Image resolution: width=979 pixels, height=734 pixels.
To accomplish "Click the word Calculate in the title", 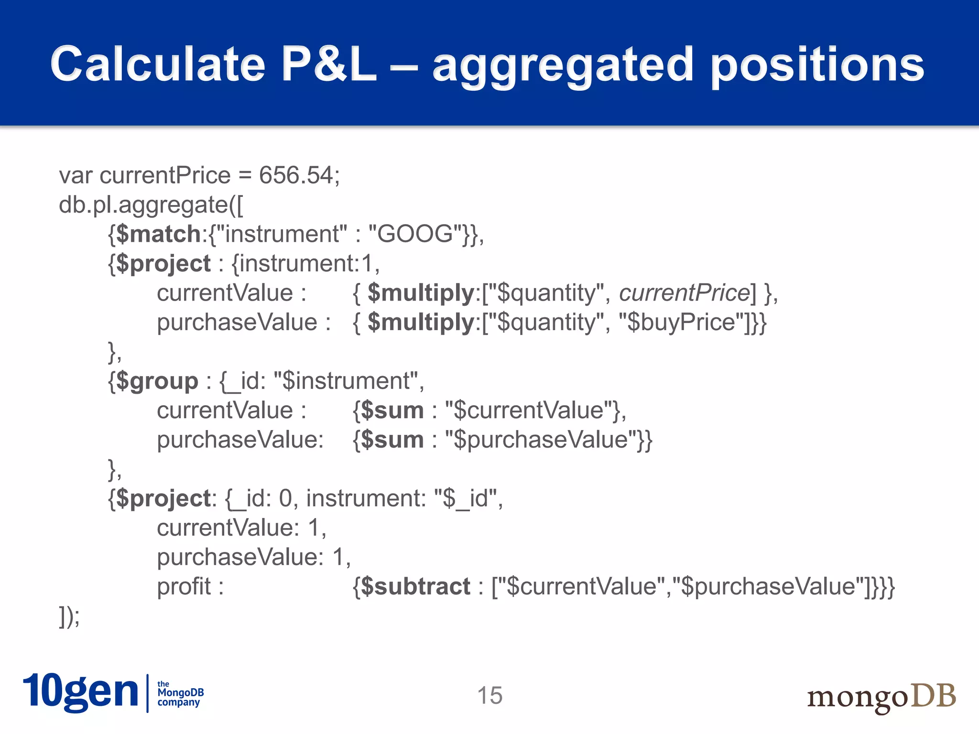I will click(158, 65).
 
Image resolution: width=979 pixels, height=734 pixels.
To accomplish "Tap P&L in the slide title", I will click(329, 65).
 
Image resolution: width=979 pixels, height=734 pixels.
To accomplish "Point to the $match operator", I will click(158, 234).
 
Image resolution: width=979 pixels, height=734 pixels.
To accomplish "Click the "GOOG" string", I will click(416, 234).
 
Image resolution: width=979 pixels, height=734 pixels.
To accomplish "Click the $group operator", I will click(157, 381).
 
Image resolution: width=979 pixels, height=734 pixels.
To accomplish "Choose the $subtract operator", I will click(415, 586).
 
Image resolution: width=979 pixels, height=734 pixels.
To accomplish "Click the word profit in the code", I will click(184, 586).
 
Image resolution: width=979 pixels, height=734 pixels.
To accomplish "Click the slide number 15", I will click(490, 695).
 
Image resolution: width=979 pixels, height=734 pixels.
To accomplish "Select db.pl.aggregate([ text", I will click(151, 205).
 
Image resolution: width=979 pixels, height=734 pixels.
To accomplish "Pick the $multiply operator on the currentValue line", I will click(420, 293).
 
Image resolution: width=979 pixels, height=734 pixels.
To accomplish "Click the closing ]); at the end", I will click(69, 616).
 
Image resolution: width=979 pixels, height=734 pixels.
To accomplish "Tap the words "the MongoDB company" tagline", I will click(180, 693).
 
